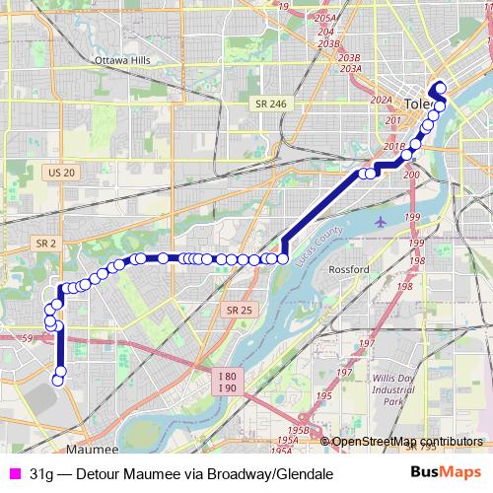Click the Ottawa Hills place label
coord(121,60)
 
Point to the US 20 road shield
coord(60,172)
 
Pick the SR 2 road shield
coord(43,243)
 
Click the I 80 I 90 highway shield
coord(227,382)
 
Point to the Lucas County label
coord(325,237)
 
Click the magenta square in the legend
coord(14,473)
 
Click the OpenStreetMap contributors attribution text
coord(407,442)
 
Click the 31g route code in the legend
coord(41,473)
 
